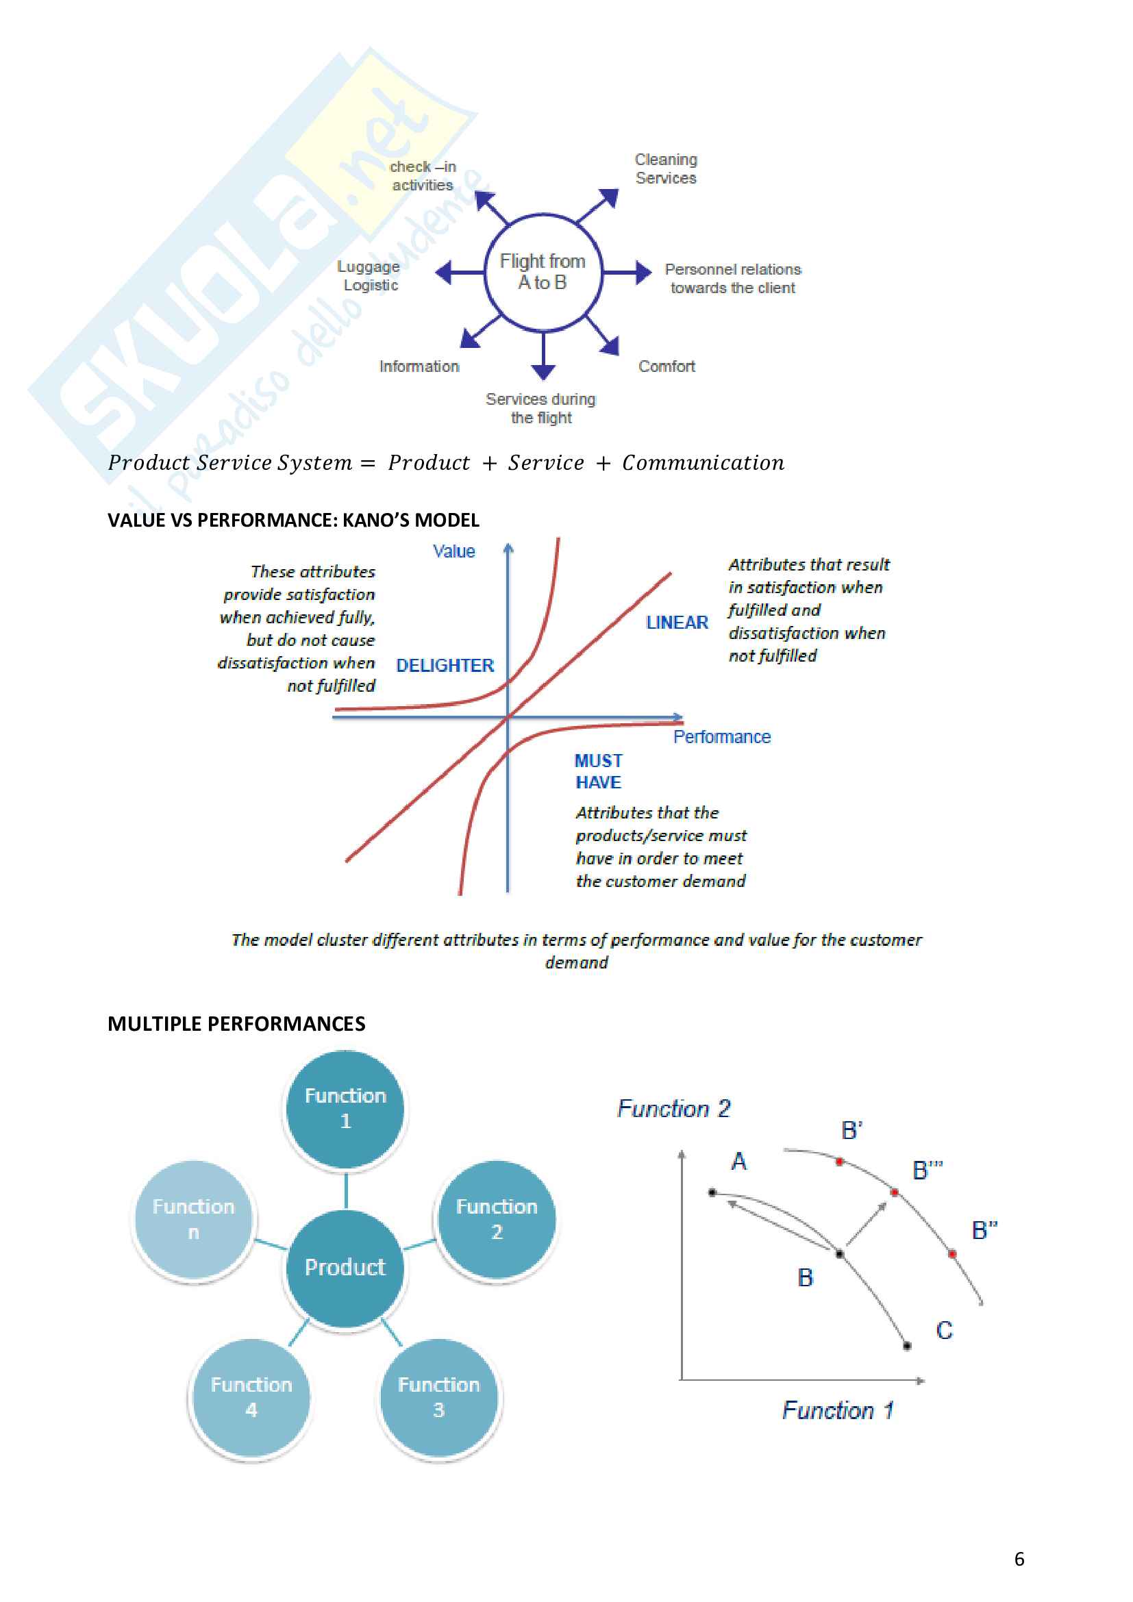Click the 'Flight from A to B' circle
543,271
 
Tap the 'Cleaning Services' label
666,169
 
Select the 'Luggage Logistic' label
369,275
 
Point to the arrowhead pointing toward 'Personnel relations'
643,272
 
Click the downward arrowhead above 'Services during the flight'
543,371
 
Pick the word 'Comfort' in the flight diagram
667,366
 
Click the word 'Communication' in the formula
703,462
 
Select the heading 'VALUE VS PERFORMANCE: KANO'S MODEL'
293,520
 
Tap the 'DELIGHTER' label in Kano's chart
445,666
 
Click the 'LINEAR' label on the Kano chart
677,623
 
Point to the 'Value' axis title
453,551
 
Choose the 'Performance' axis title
721,737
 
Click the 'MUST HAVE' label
599,771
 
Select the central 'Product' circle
345,1267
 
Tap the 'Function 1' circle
345,1108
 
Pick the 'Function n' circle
194,1219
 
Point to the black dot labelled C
907,1346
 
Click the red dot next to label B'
840,1162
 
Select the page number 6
1019,1559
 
